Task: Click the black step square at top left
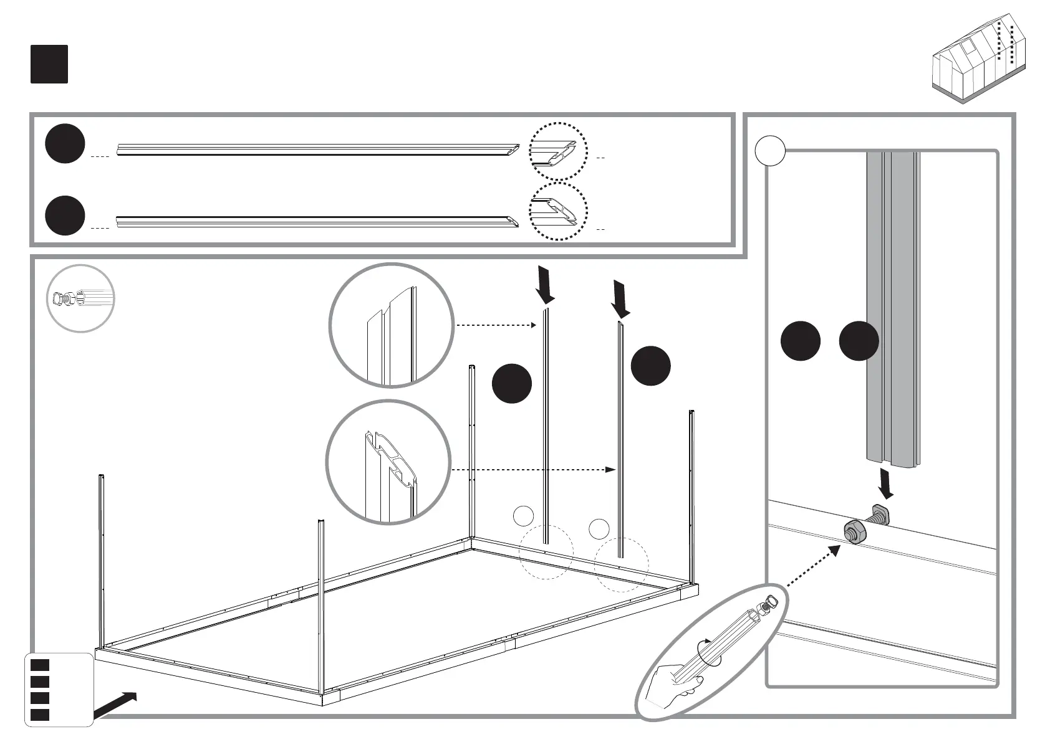pyautogui.click(x=49, y=64)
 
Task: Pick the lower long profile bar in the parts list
pyautogui.click(x=317, y=222)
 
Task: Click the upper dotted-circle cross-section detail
pyautogui.click(x=557, y=151)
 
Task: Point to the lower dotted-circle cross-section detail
pyautogui.click(x=557, y=212)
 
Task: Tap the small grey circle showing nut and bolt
pyautogui.click(x=80, y=298)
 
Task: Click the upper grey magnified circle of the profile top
pyautogui.click(x=390, y=325)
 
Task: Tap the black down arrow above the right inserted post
pyautogui.click(x=620, y=298)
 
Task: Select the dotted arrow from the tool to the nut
pyautogui.click(x=811, y=566)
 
